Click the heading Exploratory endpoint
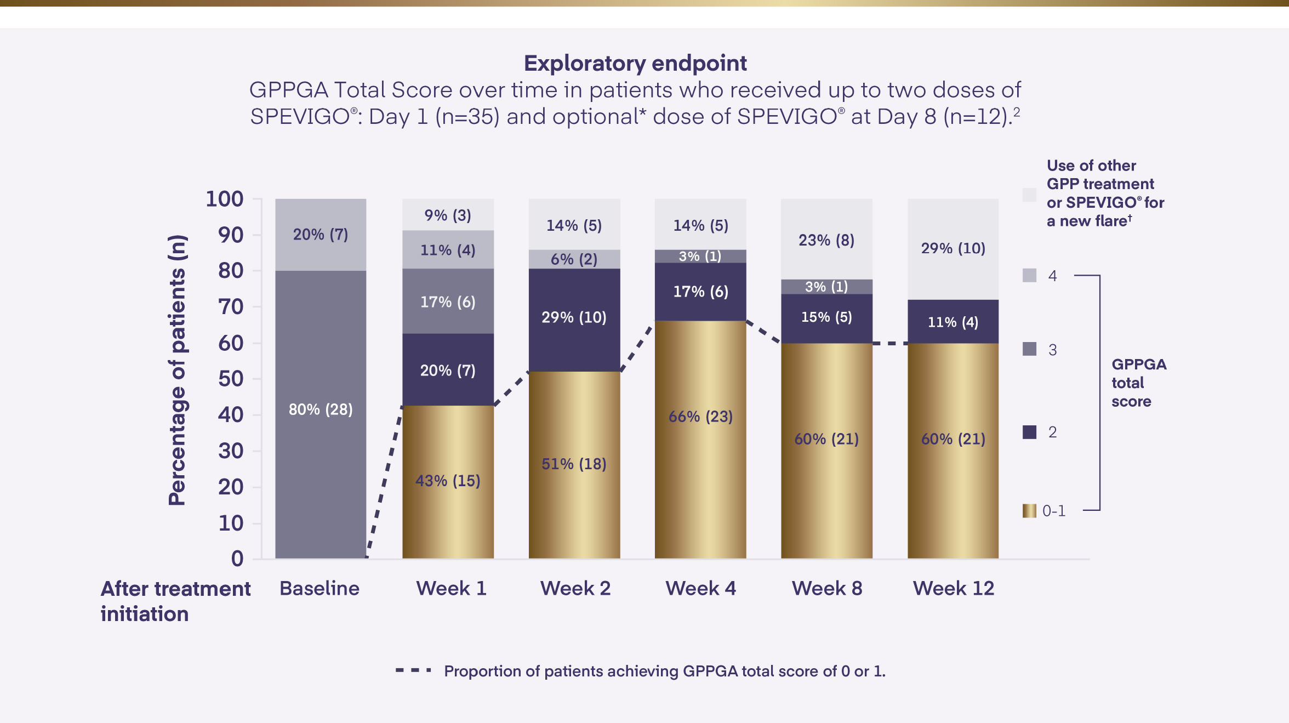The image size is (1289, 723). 635,63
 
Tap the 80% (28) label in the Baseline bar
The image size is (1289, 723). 321,409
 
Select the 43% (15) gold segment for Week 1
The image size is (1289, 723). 448,481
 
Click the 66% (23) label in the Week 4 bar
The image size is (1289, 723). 700,417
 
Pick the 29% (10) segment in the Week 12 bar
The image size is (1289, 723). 953,248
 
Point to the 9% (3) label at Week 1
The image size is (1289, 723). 448,215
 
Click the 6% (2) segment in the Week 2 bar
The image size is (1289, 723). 574,259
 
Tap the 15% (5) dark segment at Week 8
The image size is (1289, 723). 826,317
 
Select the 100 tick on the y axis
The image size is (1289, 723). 225,199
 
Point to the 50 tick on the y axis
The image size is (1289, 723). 231,379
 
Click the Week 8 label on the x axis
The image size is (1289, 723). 826,588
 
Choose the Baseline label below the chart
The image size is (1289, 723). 320,588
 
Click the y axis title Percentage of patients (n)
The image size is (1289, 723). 178,370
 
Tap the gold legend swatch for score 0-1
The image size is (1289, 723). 1029,511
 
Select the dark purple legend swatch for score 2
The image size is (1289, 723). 1029,432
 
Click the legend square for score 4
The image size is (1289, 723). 1029,275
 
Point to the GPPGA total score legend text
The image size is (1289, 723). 1138,383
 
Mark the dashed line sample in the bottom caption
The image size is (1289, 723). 414,670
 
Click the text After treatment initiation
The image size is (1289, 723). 175,601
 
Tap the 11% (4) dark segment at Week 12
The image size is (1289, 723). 953,322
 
